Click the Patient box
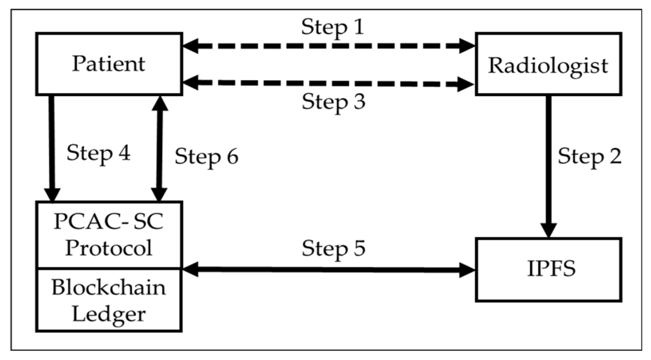[x=109, y=64]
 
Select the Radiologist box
[x=548, y=64]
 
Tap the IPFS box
[x=548, y=270]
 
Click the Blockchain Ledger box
[x=109, y=300]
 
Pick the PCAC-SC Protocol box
[x=109, y=235]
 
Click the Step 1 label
[x=333, y=27]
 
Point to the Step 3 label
[x=333, y=102]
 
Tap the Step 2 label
[x=590, y=156]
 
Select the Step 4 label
[x=98, y=153]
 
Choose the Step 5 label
[x=333, y=249]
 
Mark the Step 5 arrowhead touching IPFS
[x=467, y=270]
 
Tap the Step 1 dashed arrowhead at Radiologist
[x=467, y=46]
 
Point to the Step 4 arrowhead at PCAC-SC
[x=52, y=194]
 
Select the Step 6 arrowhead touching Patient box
[x=160, y=104]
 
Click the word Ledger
[x=109, y=314]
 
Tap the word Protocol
[x=109, y=248]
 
